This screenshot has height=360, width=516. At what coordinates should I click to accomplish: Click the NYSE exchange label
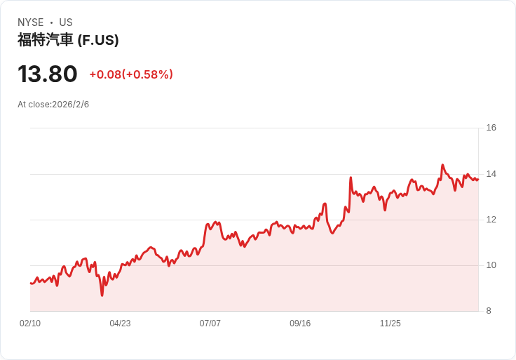tap(29, 22)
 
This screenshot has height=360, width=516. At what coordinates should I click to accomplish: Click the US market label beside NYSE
tap(65, 22)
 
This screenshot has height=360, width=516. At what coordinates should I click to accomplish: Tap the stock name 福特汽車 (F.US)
tap(68, 40)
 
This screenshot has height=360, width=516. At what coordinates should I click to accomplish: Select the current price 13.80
tap(47, 74)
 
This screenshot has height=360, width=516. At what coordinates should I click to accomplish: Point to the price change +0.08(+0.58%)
tap(131, 74)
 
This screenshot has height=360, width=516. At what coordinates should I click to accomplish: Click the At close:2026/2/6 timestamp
tap(53, 105)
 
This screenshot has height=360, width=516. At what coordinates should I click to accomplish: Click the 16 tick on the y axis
tap(491, 128)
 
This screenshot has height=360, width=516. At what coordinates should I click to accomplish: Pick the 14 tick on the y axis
tap(491, 174)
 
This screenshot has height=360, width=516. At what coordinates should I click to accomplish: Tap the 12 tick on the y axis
tap(491, 220)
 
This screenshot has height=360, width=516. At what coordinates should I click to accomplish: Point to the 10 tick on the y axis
tap(491, 265)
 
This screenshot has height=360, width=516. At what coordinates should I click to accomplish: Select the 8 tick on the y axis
tap(489, 311)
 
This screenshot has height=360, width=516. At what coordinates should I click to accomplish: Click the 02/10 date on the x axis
tap(30, 324)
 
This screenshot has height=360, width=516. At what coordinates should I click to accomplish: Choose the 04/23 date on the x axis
tap(120, 324)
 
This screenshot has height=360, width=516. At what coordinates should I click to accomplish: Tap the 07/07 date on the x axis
tap(210, 324)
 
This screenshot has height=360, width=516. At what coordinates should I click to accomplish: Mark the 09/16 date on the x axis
tap(300, 324)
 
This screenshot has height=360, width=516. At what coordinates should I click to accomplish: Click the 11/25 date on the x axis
tap(390, 324)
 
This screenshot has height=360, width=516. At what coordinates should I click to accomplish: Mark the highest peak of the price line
tap(442, 165)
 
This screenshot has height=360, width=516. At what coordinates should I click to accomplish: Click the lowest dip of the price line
tap(102, 295)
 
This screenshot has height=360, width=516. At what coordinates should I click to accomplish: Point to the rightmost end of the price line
tap(477, 180)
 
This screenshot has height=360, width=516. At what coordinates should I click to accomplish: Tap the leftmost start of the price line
tap(30, 283)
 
